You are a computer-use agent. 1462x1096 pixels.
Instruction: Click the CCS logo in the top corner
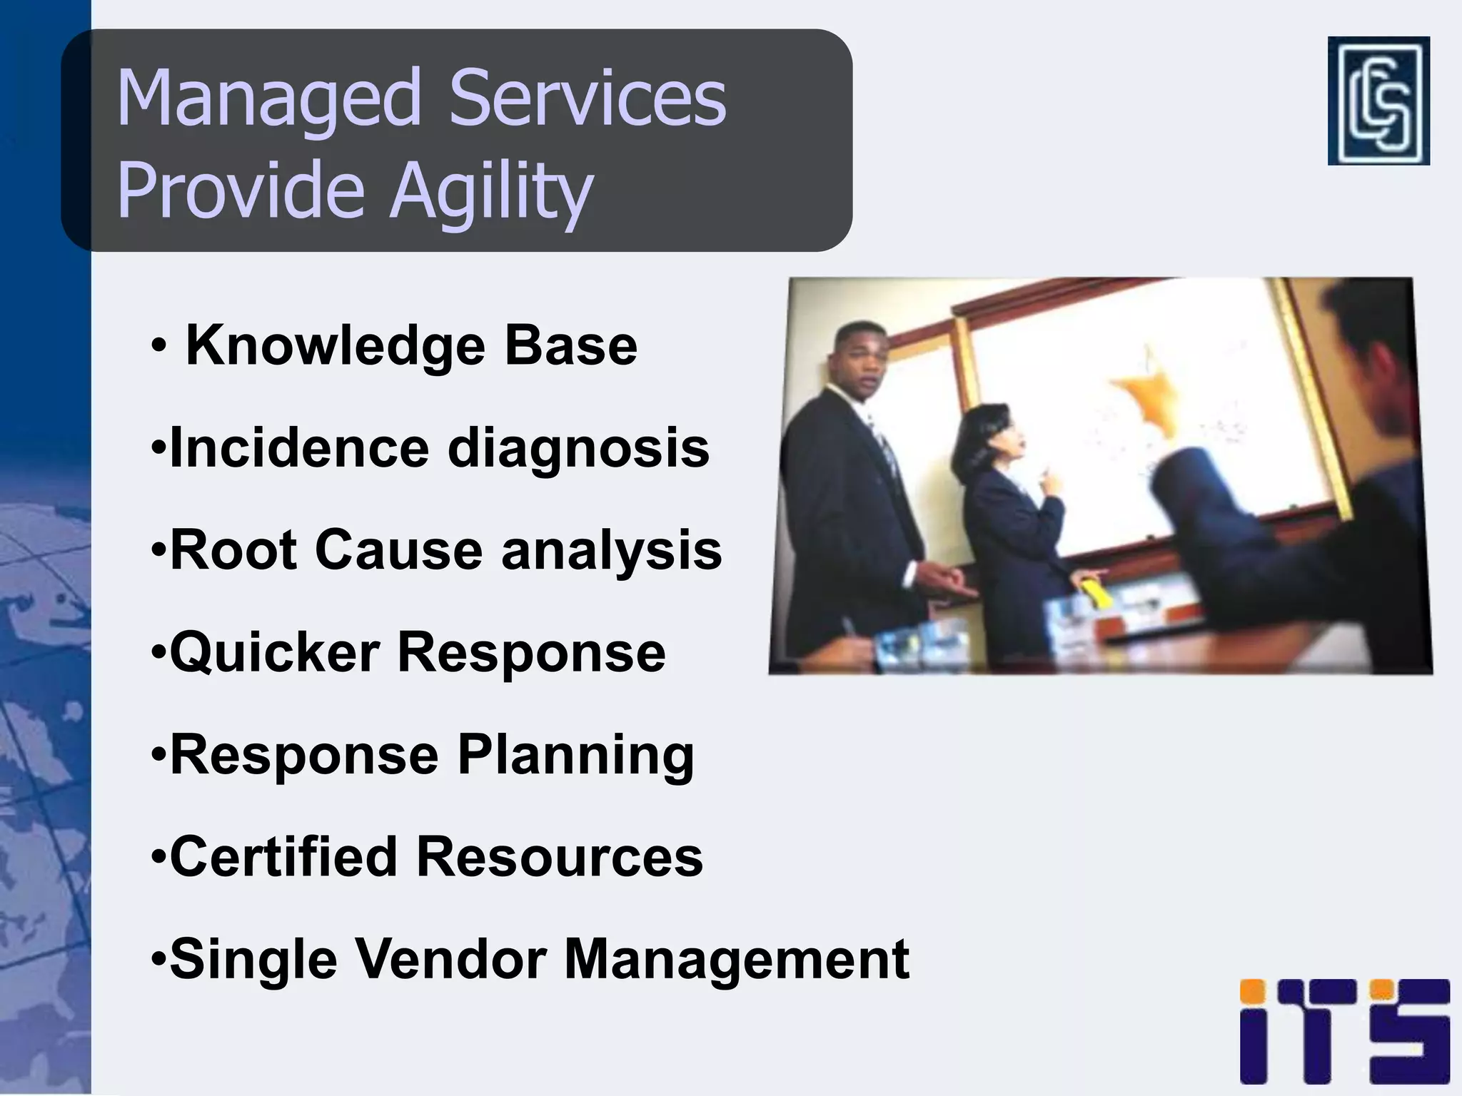[1378, 101]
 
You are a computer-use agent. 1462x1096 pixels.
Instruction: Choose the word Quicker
[275, 653]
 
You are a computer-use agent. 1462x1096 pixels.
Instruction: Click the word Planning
[575, 756]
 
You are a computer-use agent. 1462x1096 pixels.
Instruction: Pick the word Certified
[283, 857]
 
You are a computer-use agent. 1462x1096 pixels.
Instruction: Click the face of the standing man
[864, 364]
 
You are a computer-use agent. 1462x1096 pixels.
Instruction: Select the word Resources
[560, 857]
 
